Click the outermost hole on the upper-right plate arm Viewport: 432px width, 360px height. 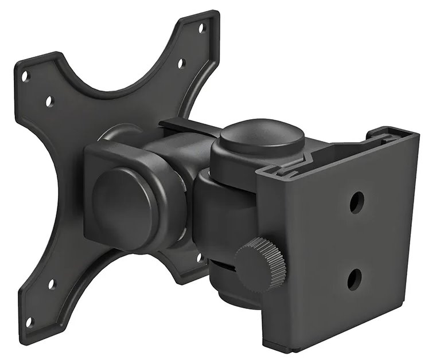pos(201,27)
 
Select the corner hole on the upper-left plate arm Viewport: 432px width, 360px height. pos(25,76)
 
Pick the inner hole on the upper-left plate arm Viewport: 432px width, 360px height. pos(49,101)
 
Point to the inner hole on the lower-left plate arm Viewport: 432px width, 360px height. pos(52,284)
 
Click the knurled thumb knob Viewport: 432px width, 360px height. pos(260,264)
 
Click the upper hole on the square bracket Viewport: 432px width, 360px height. pos(356,202)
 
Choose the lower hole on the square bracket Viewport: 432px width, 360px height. pos(355,279)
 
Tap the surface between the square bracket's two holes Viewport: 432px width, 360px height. pos(356,241)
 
